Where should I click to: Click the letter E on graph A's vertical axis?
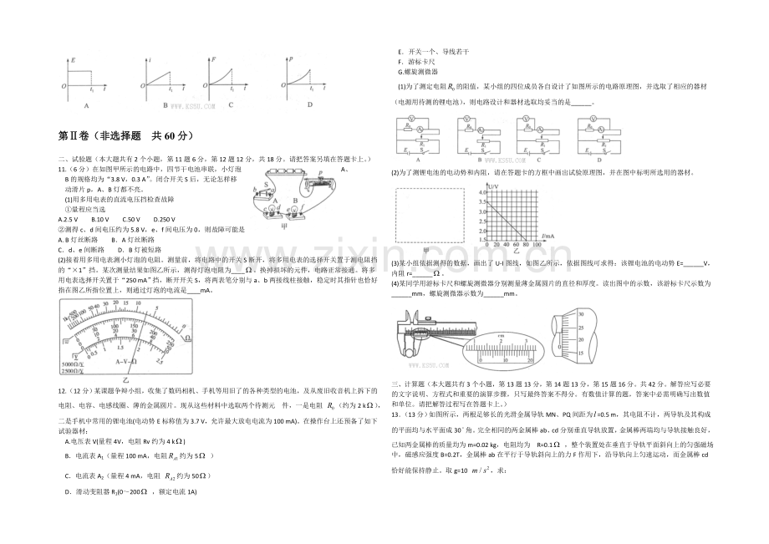[73, 60]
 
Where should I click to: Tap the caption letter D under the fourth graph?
[309, 105]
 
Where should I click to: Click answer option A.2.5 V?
[69, 218]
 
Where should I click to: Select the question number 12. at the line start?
[62, 390]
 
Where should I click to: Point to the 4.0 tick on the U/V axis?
[482, 191]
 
